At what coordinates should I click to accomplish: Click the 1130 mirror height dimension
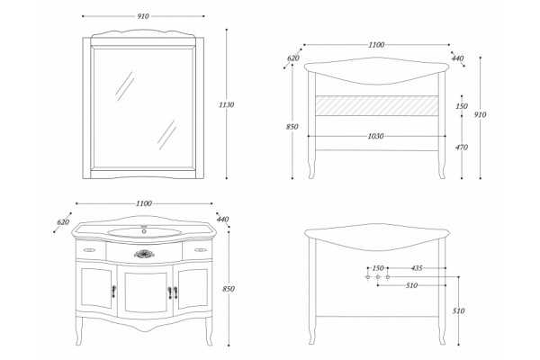[x=226, y=104]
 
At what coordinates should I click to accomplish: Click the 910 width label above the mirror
[x=143, y=16]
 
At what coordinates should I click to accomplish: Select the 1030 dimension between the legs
[x=375, y=136]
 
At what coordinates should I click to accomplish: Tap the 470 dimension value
[x=462, y=148]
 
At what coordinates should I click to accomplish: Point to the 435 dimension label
[x=417, y=267]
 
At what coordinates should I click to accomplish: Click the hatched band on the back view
[x=377, y=106]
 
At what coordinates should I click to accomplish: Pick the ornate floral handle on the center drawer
[x=144, y=254]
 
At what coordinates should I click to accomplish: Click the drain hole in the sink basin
[x=144, y=231]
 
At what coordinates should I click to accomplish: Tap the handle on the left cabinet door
[x=113, y=291]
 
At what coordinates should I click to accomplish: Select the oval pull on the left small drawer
[x=89, y=250]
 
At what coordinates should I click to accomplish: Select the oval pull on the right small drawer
[x=200, y=250]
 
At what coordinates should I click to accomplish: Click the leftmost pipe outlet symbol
[x=368, y=277]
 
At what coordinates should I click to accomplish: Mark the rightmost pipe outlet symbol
[x=387, y=277]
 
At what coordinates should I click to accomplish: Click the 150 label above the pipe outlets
[x=378, y=268]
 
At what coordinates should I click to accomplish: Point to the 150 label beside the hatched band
[x=462, y=106]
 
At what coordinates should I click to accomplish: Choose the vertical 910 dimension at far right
[x=480, y=114]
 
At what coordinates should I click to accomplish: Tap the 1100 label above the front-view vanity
[x=144, y=203]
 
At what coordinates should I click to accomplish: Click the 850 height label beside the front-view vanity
[x=229, y=289]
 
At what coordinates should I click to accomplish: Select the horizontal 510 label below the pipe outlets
[x=411, y=285]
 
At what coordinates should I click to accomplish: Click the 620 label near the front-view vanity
[x=63, y=222]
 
